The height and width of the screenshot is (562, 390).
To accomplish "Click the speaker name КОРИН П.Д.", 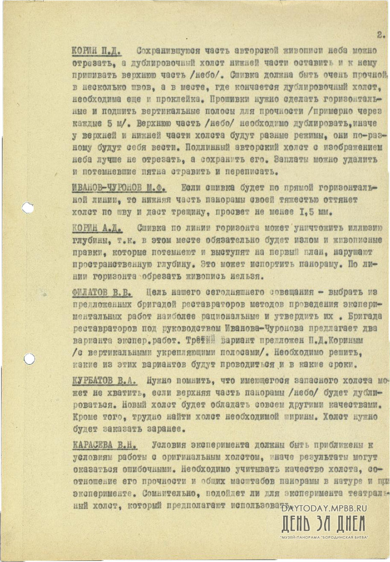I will (x=97, y=51).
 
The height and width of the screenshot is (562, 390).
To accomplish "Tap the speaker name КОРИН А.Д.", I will (x=96, y=228).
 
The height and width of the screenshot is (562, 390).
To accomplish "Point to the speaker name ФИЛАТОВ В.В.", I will (x=101, y=292).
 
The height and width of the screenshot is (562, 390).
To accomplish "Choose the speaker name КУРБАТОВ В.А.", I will (x=104, y=380).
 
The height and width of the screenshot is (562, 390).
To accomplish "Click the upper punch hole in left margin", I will (x=28, y=208).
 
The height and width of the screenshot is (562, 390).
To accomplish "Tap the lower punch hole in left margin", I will (x=29, y=359).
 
